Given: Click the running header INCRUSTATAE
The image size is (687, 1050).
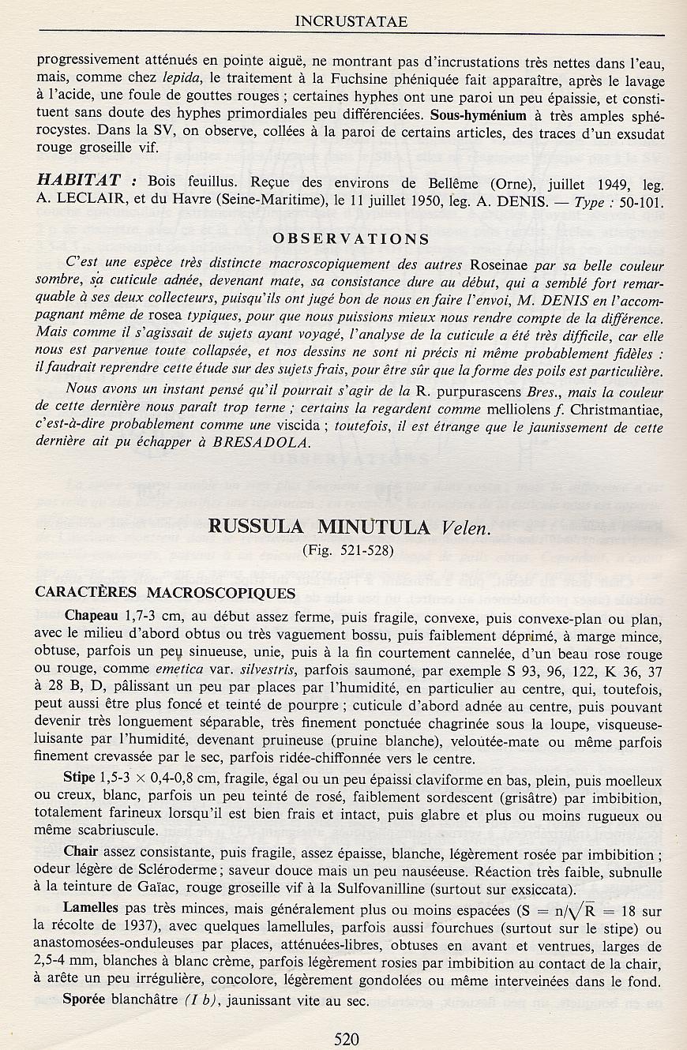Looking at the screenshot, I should point(351,21).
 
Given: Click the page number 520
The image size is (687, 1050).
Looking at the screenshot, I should point(347,1039).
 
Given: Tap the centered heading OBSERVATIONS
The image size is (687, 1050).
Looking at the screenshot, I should point(351,239).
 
